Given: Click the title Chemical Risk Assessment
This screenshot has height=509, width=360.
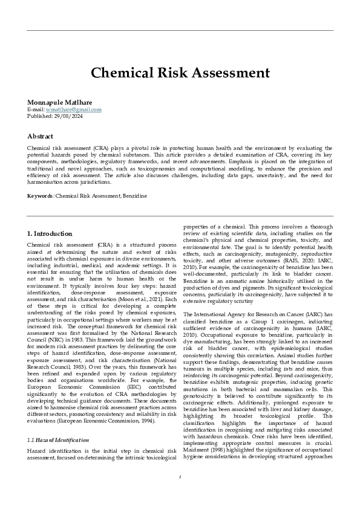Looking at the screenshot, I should pos(180,73).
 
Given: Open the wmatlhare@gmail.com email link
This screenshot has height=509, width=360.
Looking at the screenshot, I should pos(72,109).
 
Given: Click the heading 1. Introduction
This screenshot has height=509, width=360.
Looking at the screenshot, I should pos(50,233).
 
